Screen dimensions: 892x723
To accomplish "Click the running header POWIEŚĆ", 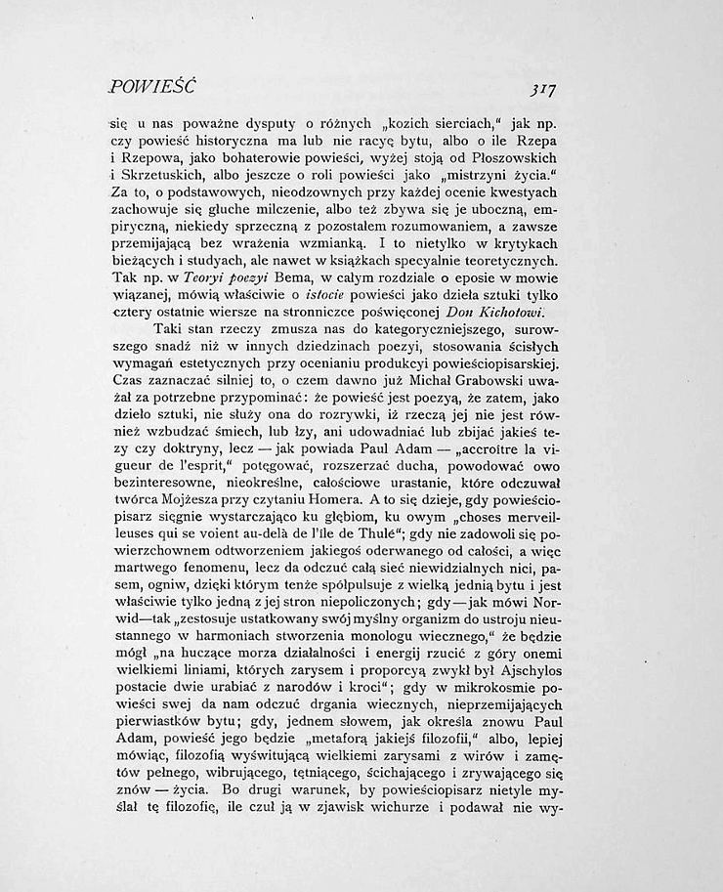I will pyautogui.click(x=153, y=88).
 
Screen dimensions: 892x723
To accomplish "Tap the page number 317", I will pyautogui.click(x=540, y=89).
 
